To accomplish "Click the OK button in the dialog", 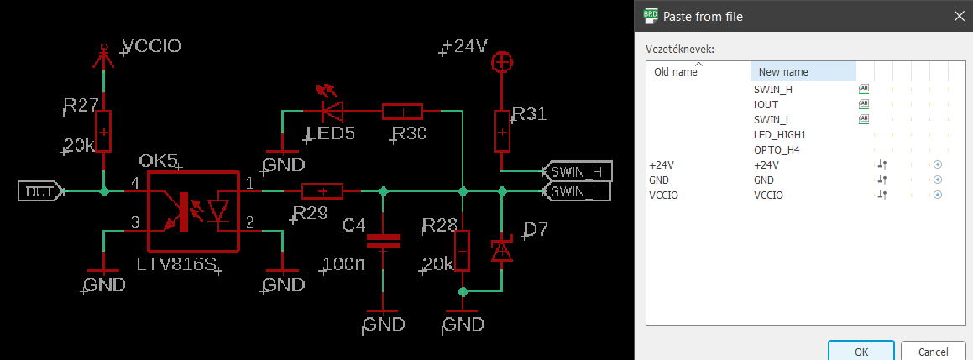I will point(861,351).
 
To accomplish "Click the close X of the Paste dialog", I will point(958,16).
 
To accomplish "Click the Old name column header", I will point(676,72).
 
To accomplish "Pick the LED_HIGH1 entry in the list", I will point(780,134).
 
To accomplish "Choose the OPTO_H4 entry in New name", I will point(777,149).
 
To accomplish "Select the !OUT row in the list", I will point(766,104).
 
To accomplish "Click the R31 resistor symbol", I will point(501,130).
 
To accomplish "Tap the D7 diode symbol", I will point(501,250).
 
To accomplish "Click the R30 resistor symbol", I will point(402,111).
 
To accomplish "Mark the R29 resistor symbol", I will point(322,191).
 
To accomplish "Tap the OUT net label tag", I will point(39,191).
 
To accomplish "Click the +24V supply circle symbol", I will point(501,61).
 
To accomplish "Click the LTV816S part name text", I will point(176,264).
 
